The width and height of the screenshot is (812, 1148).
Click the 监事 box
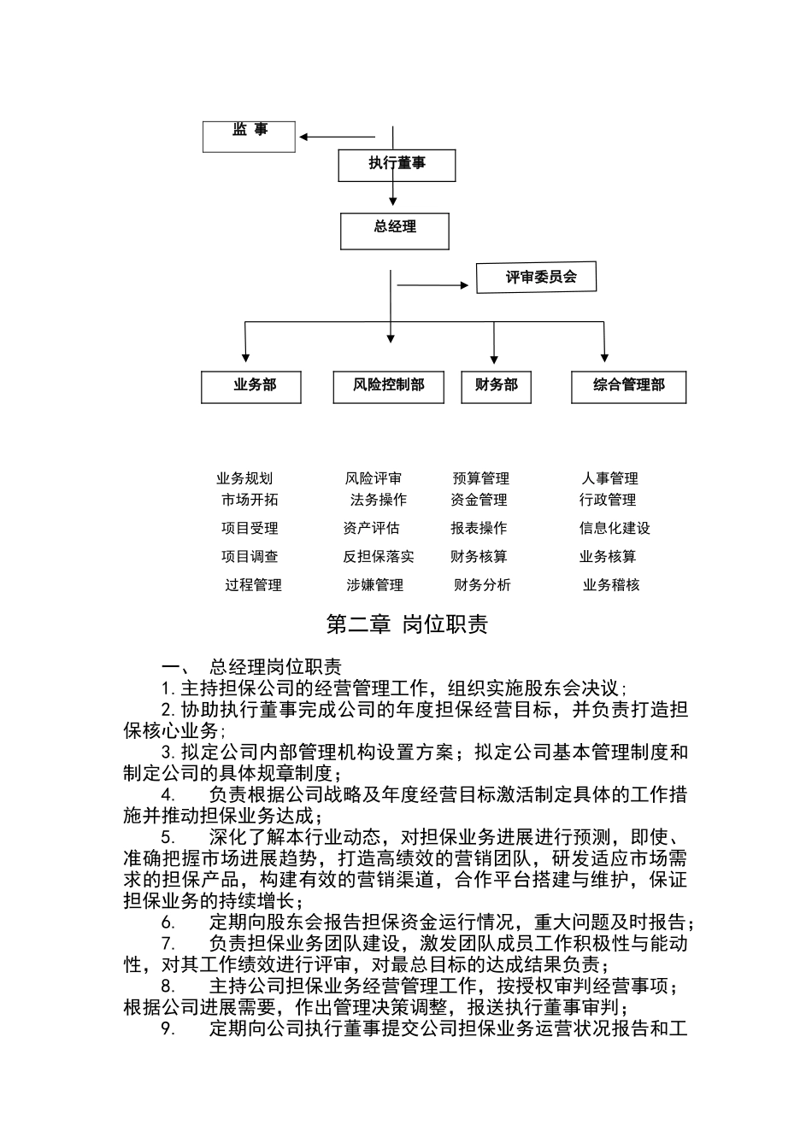(x=249, y=137)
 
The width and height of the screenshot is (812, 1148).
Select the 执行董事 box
(x=397, y=165)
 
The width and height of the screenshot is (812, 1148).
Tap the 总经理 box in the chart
(x=394, y=231)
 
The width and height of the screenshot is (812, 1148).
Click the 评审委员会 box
(x=536, y=278)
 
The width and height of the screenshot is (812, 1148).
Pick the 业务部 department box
(x=251, y=386)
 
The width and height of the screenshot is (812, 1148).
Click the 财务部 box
(x=496, y=386)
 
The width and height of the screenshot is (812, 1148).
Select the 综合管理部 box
(x=628, y=386)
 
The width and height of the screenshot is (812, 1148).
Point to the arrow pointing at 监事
(x=336, y=137)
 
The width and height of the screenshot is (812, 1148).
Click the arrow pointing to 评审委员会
(x=433, y=285)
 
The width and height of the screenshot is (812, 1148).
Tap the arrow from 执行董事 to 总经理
(x=393, y=193)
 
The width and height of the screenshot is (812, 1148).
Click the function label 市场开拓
(x=250, y=500)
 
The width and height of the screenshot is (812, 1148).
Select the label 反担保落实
(x=379, y=556)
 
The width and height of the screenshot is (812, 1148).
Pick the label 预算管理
(x=481, y=478)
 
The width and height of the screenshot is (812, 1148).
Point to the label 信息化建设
(x=615, y=528)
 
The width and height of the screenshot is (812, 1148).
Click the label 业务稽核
(x=611, y=585)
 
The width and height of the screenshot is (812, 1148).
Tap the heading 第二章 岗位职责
(x=407, y=624)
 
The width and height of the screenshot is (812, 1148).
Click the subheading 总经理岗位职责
(x=275, y=667)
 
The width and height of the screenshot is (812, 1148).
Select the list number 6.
(x=168, y=922)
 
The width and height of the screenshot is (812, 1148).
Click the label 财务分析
(x=482, y=585)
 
